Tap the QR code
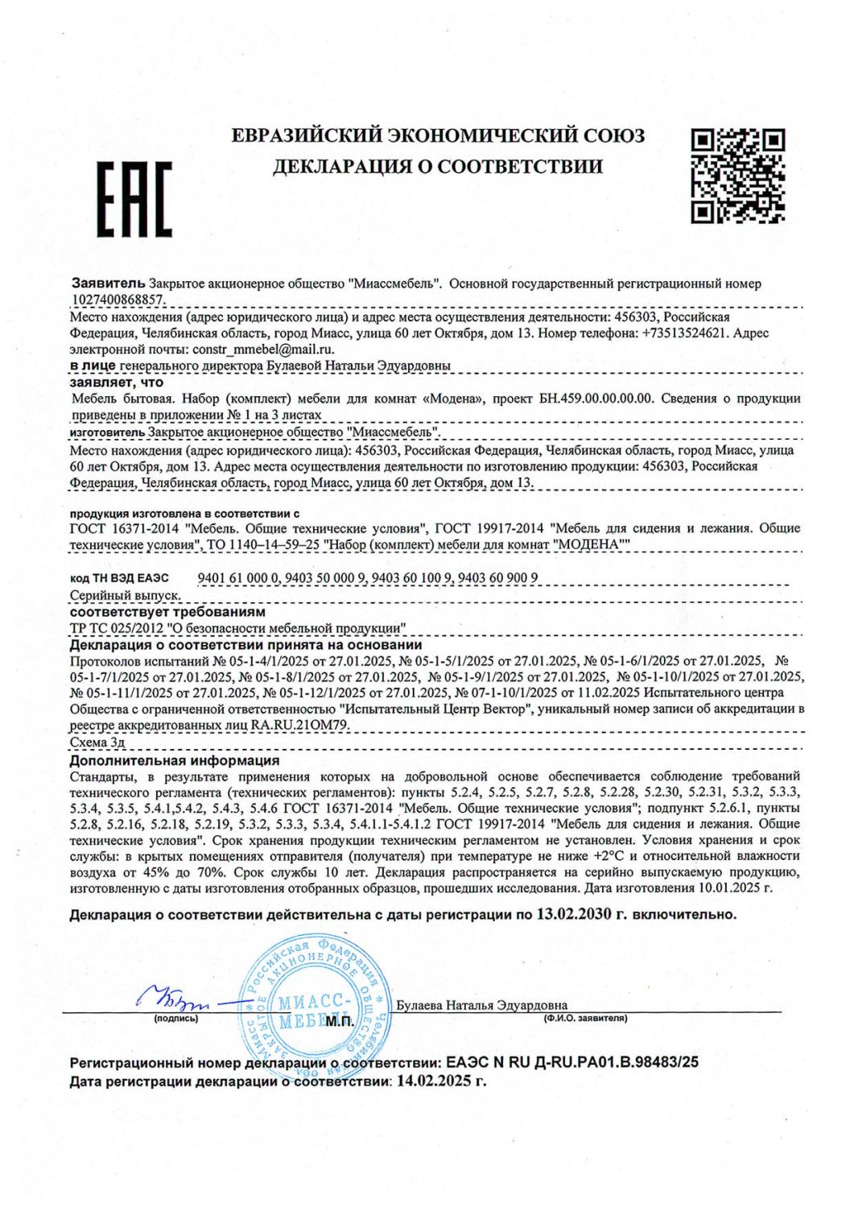click(x=738, y=175)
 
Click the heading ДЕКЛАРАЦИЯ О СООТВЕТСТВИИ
click(x=438, y=167)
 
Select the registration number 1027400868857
click(x=118, y=298)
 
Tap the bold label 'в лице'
click(x=93, y=366)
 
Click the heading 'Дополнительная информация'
click(x=175, y=759)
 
